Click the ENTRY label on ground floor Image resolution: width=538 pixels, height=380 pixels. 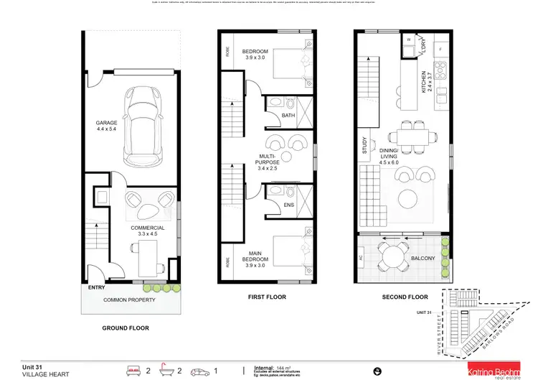[x=96, y=287]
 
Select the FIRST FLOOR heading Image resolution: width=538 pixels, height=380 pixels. [x=267, y=297]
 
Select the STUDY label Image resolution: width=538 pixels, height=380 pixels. [x=364, y=147]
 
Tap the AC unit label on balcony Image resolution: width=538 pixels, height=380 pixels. [x=362, y=256]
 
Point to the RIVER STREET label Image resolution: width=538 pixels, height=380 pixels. [x=438, y=331]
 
